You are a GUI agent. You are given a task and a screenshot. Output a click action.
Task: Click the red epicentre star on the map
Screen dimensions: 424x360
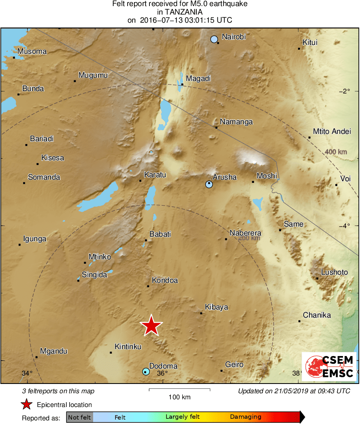coord(151,325)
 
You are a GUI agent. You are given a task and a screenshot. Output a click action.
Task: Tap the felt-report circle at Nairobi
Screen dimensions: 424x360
coord(214,39)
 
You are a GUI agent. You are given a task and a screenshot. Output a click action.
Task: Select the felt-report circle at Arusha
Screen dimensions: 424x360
coord(209,184)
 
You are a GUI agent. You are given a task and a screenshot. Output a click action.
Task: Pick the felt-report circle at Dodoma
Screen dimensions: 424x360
coord(146,371)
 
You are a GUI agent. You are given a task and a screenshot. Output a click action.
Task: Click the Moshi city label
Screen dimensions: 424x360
coord(267,176)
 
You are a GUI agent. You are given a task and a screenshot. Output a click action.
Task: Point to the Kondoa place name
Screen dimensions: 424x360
coord(165,280)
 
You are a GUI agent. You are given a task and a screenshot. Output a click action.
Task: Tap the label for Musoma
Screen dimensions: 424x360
coord(32,51)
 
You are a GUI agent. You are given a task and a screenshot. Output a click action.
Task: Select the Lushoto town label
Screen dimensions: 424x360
coord(334,272)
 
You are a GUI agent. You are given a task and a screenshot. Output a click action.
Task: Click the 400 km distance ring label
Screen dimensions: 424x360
coord(336,152)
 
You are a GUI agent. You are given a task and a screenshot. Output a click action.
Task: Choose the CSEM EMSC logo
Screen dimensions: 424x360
coord(329,366)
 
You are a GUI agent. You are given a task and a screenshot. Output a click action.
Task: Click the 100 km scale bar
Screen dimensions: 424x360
coord(179,390)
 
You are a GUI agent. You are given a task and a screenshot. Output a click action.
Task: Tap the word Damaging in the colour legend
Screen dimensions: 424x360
coord(245,417)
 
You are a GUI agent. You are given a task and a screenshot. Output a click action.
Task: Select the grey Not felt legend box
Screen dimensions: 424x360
coord(79,417)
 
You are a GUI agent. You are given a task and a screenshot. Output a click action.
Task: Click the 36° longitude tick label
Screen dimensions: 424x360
coord(162,373)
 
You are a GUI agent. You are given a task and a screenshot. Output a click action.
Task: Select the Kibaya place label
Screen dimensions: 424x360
coord(216,307)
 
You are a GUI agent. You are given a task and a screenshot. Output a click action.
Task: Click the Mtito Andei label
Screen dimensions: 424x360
coord(332,131)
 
